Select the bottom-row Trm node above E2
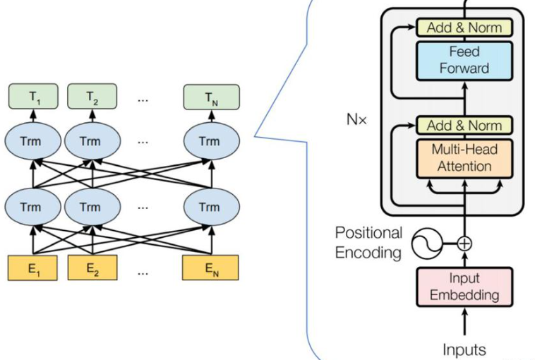coord(90,208)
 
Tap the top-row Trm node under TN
coord(209,141)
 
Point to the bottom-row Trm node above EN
coord(209,208)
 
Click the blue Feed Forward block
coord(464,59)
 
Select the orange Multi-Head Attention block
coord(464,157)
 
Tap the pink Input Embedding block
coord(464,286)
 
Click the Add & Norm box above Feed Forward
coord(464,28)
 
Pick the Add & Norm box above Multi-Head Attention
coord(464,126)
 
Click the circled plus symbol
coord(464,244)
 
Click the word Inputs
coord(464,349)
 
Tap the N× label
coord(356,119)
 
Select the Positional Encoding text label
coord(368,242)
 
